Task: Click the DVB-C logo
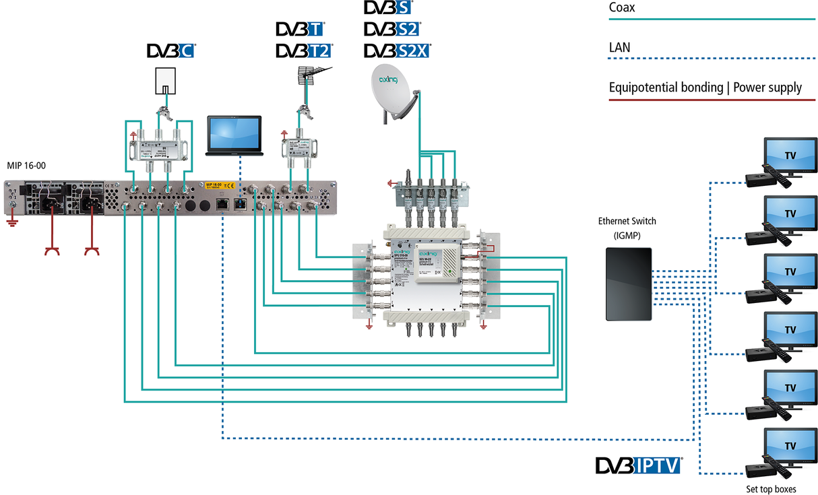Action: [x=170, y=51]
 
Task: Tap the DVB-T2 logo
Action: [x=304, y=51]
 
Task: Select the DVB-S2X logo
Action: [x=397, y=51]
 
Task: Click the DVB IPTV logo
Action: [x=638, y=466]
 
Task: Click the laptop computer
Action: [x=234, y=137]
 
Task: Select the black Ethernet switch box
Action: [x=629, y=284]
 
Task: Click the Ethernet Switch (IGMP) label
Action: [x=627, y=228]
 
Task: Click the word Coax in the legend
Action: [x=622, y=9]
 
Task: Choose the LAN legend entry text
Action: [x=620, y=48]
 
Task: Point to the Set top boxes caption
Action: [x=769, y=488]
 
